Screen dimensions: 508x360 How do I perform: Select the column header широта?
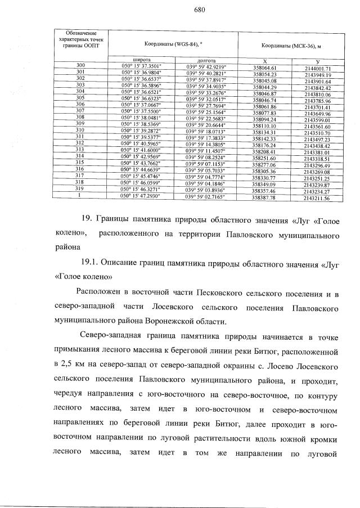[141, 59]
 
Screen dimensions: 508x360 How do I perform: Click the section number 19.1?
[91, 263]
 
